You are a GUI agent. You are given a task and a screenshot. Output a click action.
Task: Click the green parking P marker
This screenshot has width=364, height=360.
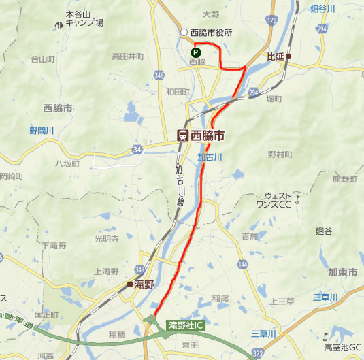pyautogui.click(x=195, y=51)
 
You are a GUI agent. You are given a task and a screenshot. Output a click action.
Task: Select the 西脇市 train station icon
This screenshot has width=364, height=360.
pyautogui.click(x=182, y=135)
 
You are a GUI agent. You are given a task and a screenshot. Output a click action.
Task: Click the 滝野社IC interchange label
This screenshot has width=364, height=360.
pyautogui.click(x=186, y=325)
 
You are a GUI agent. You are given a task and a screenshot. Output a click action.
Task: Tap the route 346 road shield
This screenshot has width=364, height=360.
pyautogui.click(x=159, y=73)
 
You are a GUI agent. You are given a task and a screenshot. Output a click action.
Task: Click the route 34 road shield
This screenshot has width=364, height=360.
pyautogui.click(x=137, y=149)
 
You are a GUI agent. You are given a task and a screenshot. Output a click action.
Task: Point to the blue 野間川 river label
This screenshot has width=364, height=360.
pyautogui.click(x=40, y=129)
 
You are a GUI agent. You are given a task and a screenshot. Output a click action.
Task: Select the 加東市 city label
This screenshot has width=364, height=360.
pyautogui.click(x=342, y=272)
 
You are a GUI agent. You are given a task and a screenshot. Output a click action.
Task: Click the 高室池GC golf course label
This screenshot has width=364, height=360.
pyautogui.click(x=343, y=347)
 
